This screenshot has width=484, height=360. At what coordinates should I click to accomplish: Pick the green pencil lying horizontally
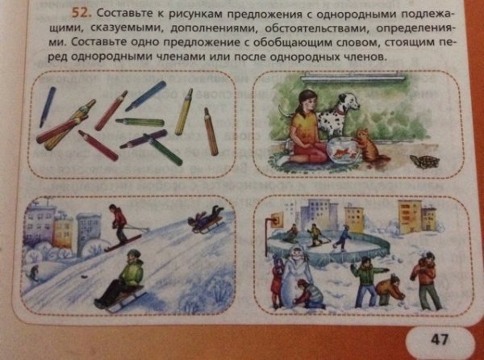(139, 122)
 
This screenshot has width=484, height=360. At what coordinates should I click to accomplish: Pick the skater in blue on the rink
(341, 237)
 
